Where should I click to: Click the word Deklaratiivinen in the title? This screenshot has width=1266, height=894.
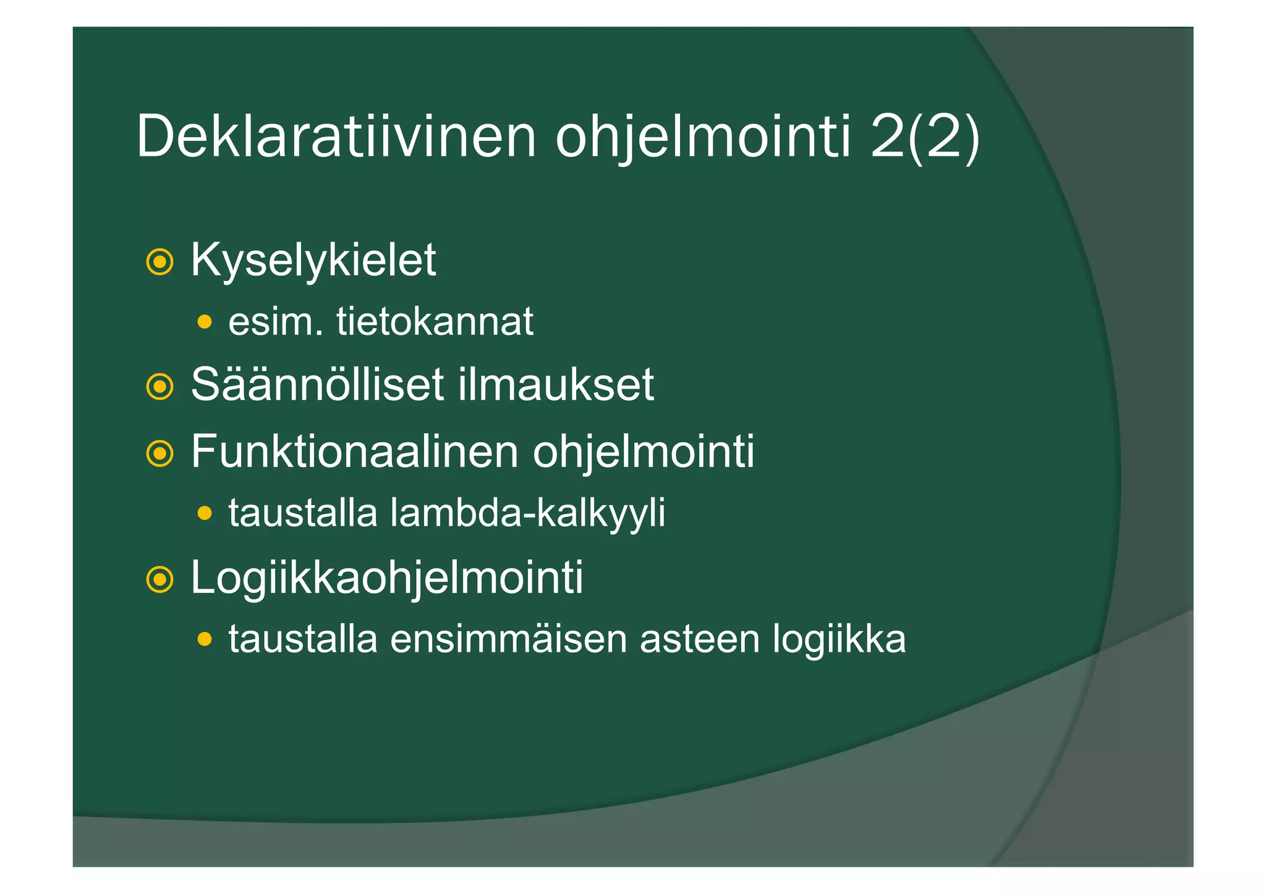click(x=336, y=137)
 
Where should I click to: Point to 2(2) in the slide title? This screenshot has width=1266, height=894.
click(x=925, y=137)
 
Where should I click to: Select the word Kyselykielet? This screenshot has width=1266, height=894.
click(x=313, y=261)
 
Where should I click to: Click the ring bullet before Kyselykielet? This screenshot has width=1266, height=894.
click(x=159, y=262)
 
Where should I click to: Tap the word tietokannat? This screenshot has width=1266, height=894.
click(x=435, y=322)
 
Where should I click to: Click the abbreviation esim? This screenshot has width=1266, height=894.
click(x=276, y=322)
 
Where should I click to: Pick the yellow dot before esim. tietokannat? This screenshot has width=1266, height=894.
click(x=205, y=322)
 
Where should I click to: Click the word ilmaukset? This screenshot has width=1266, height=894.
click(x=556, y=385)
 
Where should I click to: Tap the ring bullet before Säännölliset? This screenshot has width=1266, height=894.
click(x=159, y=387)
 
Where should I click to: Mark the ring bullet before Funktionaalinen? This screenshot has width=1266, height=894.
click(x=159, y=454)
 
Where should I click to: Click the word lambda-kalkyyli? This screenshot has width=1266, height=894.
click(x=528, y=513)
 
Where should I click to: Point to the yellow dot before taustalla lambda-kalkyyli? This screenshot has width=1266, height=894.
click(x=205, y=513)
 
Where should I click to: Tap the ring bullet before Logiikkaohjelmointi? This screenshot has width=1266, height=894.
click(x=159, y=580)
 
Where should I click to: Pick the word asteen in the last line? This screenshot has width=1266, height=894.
click(x=700, y=639)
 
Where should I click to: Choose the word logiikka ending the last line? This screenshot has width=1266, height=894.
click(x=839, y=640)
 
